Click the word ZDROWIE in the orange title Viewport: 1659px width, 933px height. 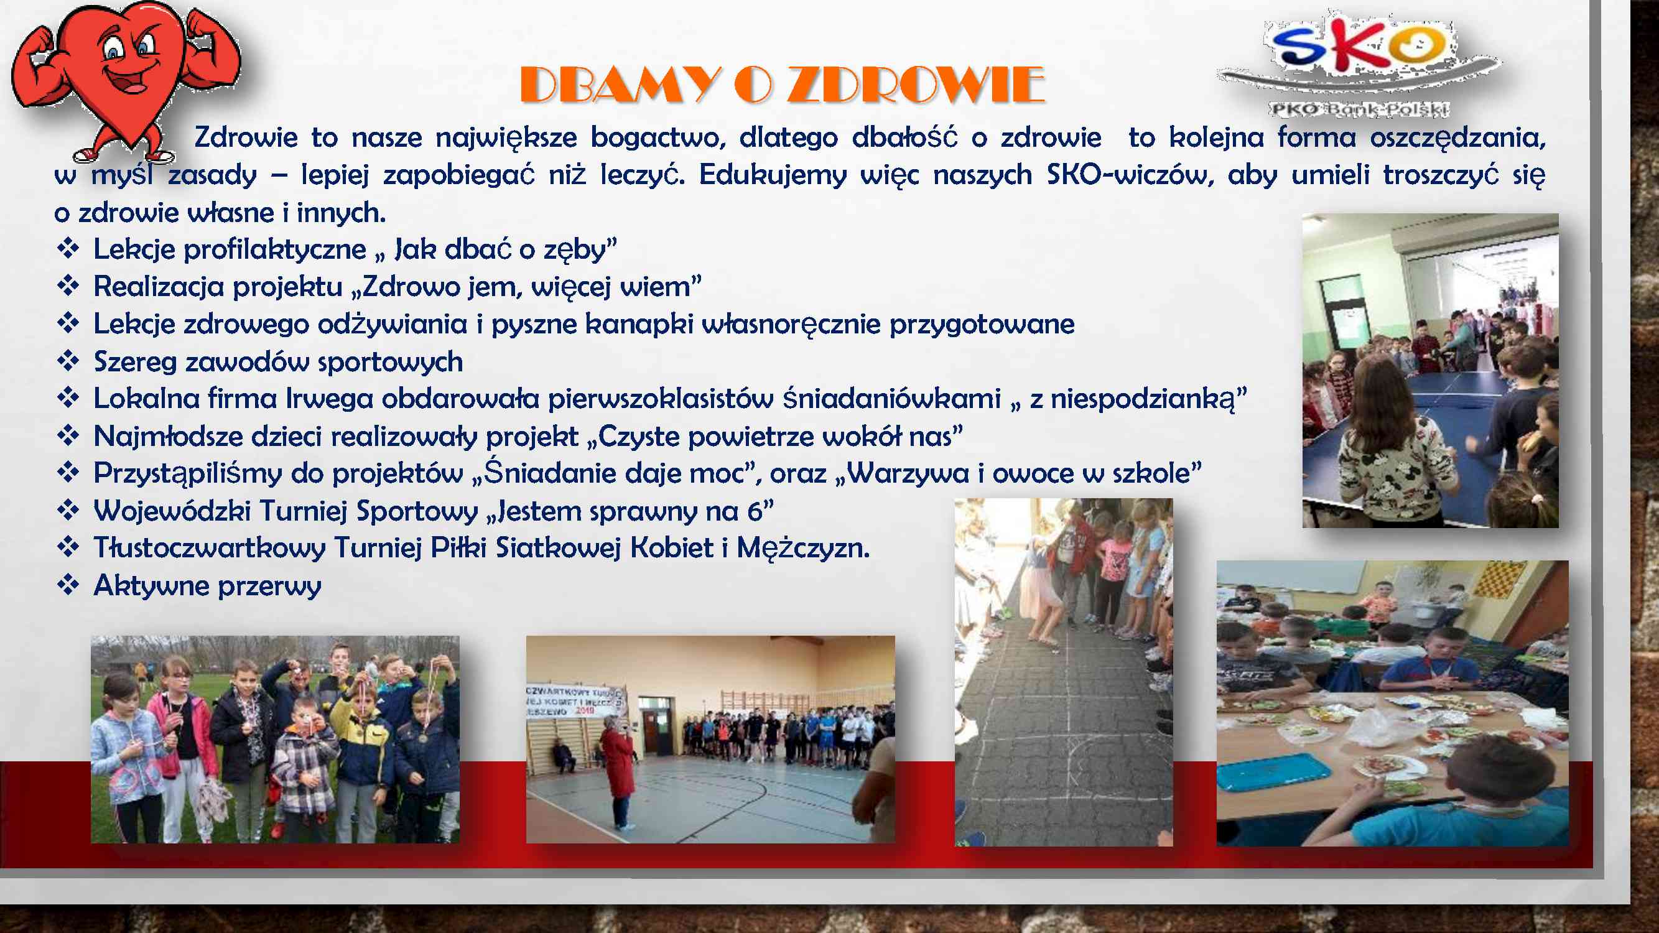915,85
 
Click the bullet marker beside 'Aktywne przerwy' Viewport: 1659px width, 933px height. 68,585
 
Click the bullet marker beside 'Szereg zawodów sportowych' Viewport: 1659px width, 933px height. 68,361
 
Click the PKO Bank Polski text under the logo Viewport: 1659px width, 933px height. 1360,109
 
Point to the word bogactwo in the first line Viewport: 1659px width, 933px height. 658,139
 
